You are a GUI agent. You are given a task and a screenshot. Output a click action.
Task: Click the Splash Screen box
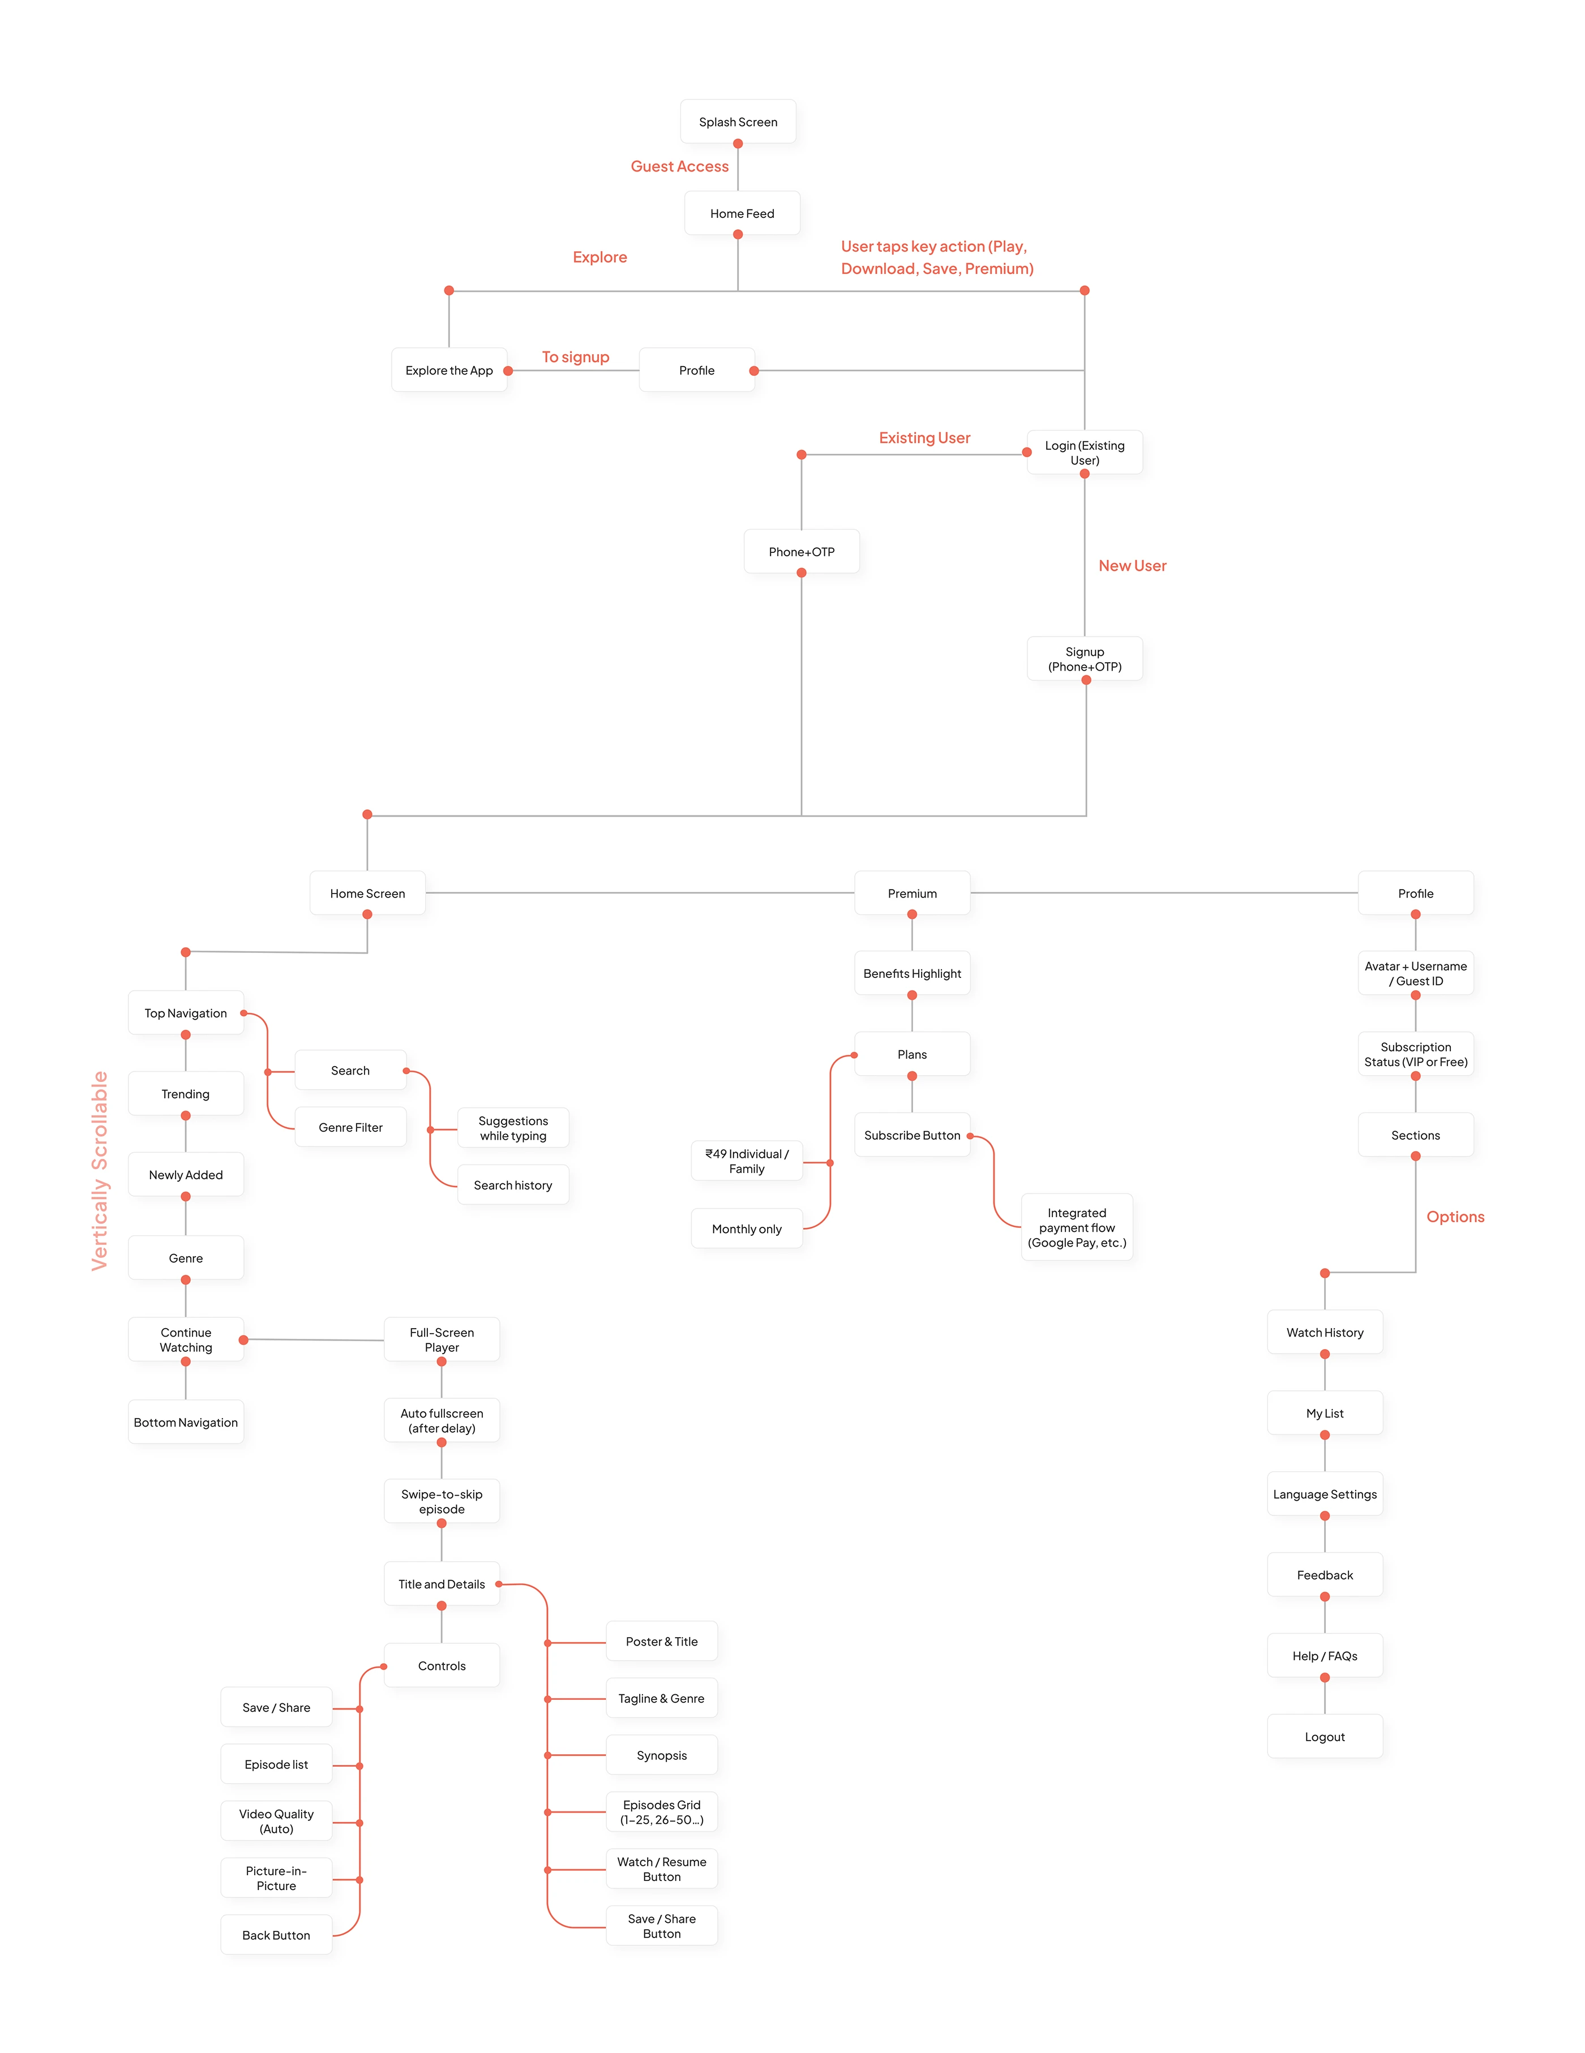click(738, 122)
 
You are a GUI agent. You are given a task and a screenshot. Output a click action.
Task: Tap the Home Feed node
click(742, 213)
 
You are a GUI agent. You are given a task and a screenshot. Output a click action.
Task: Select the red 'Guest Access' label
click(679, 166)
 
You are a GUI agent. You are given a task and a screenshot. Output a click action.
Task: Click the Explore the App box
click(448, 371)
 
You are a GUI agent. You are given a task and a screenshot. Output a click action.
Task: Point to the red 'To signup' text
click(575, 357)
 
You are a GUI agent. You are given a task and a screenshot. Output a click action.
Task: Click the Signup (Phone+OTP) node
click(1084, 659)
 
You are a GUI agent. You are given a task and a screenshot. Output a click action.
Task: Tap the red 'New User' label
click(1132, 566)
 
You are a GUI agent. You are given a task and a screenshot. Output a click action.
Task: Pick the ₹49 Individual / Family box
click(747, 1162)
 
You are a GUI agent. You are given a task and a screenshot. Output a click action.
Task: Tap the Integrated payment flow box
click(1077, 1227)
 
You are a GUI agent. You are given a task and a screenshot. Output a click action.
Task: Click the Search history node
click(512, 1186)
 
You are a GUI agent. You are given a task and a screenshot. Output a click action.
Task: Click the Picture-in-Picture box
click(276, 1878)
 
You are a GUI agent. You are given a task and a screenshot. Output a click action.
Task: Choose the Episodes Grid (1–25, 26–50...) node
click(661, 1813)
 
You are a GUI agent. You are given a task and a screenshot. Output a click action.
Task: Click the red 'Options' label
click(1454, 1217)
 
